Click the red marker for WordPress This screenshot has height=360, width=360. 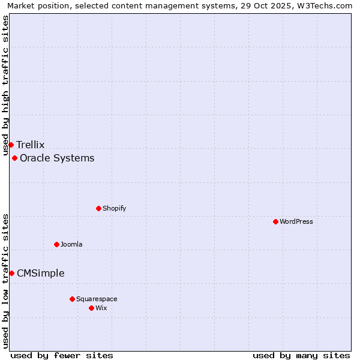click(x=275, y=221)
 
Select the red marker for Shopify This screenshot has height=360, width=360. click(x=98, y=208)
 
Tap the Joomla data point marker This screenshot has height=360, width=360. click(x=56, y=244)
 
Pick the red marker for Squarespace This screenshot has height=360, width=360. click(x=72, y=299)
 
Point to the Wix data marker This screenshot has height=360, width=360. click(x=91, y=308)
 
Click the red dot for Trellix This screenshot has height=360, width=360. click(x=11, y=145)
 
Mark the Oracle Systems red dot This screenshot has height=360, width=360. click(x=14, y=158)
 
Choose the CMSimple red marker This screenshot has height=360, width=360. click(x=11, y=273)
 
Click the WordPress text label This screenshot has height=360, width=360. click(x=296, y=221)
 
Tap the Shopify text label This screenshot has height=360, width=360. click(x=114, y=208)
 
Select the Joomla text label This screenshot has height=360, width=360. click(x=71, y=244)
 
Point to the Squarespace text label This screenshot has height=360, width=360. click(x=97, y=299)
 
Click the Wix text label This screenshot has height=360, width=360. click(x=101, y=308)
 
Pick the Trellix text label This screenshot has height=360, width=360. click(x=31, y=145)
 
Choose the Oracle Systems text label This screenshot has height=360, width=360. click(x=57, y=158)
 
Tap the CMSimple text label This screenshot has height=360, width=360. click(x=41, y=274)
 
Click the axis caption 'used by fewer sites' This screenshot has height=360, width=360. click(x=62, y=355)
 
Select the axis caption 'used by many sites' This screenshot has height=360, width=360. click(x=301, y=355)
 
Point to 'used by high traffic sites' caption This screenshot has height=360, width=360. click(x=6, y=85)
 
